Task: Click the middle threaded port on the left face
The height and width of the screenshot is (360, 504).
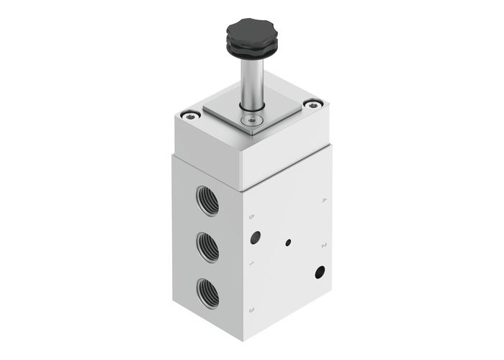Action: pyautogui.click(x=206, y=245)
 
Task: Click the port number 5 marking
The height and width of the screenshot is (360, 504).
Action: pyautogui.click(x=251, y=217)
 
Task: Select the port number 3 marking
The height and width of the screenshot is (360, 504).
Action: pyautogui.click(x=251, y=310)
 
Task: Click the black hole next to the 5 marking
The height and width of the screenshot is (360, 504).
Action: pyautogui.click(x=255, y=237)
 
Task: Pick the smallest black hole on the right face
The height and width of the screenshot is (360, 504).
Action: pyautogui.click(x=288, y=243)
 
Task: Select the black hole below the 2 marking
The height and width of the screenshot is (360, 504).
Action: pyautogui.click(x=320, y=271)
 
